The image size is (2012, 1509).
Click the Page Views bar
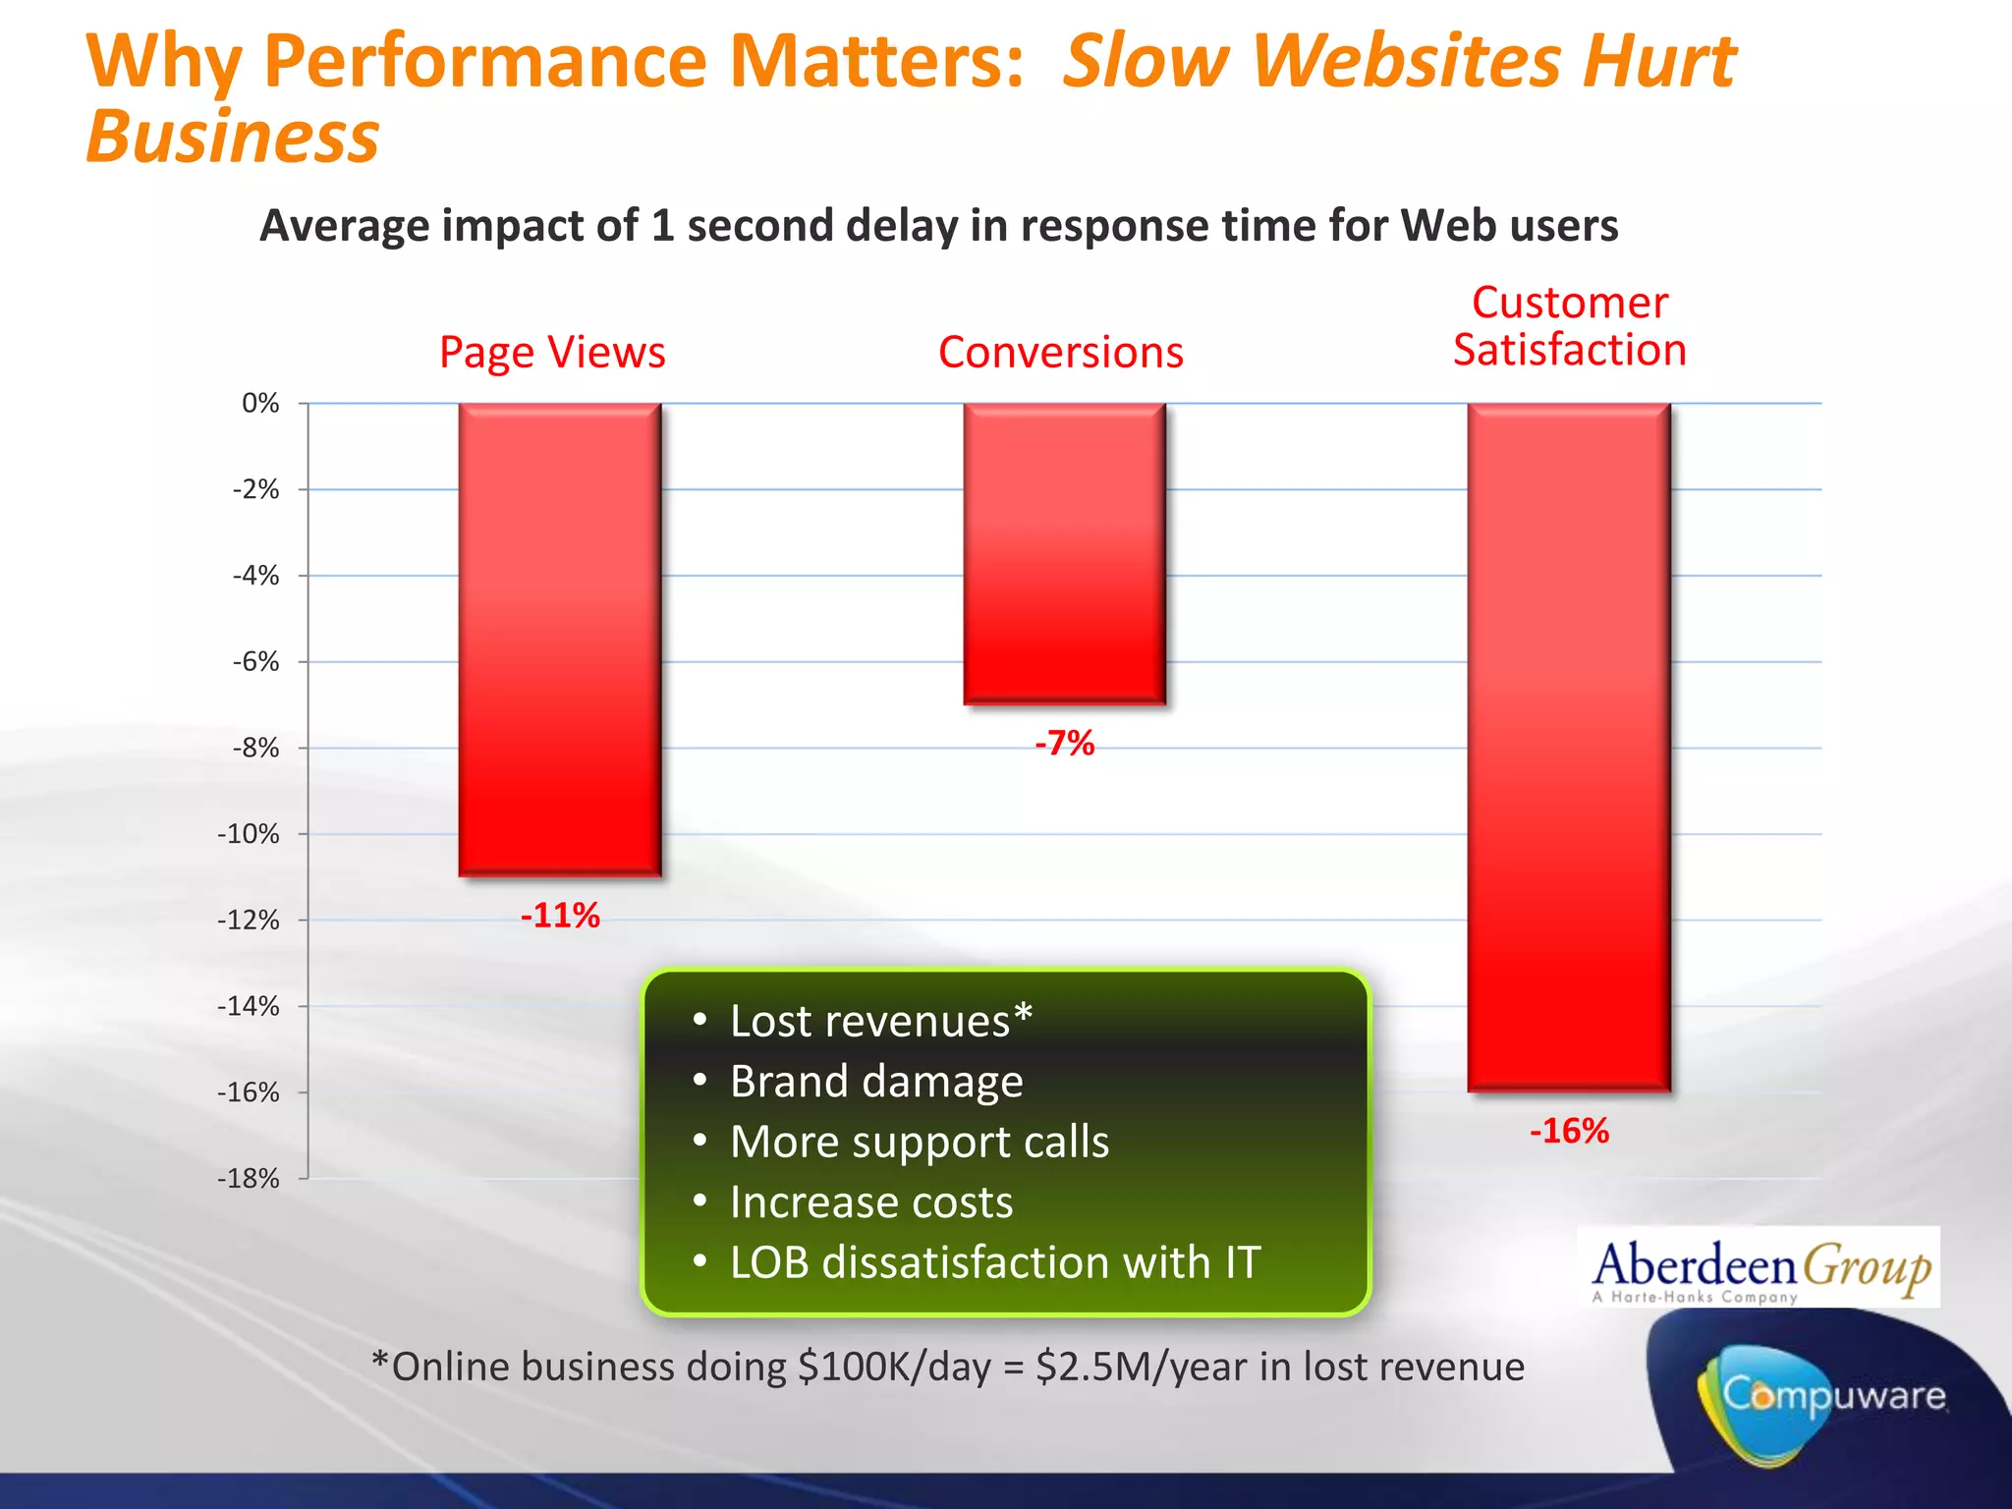tap(560, 639)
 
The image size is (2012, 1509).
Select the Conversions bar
tap(1064, 553)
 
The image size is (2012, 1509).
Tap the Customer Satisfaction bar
tap(1569, 747)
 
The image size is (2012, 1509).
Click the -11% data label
tap(560, 916)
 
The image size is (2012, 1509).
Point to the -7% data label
tap(1064, 743)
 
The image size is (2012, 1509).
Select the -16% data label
tap(1569, 1131)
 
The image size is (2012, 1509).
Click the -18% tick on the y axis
tap(249, 1178)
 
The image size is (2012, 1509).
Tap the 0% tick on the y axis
tap(260, 404)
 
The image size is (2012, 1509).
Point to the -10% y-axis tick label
tap(249, 834)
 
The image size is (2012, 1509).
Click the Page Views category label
tap(552, 353)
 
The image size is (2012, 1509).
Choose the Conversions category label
tap(1061, 353)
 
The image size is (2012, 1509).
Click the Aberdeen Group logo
tap(1760, 1268)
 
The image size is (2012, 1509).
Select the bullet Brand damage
tap(875, 1082)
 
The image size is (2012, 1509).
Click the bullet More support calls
tap(919, 1142)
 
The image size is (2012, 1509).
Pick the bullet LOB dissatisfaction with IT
tap(994, 1262)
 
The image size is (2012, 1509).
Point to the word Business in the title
tap(233, 137)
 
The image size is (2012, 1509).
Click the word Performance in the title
tap(485, 61)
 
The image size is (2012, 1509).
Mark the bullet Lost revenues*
tap(880, 1022)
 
